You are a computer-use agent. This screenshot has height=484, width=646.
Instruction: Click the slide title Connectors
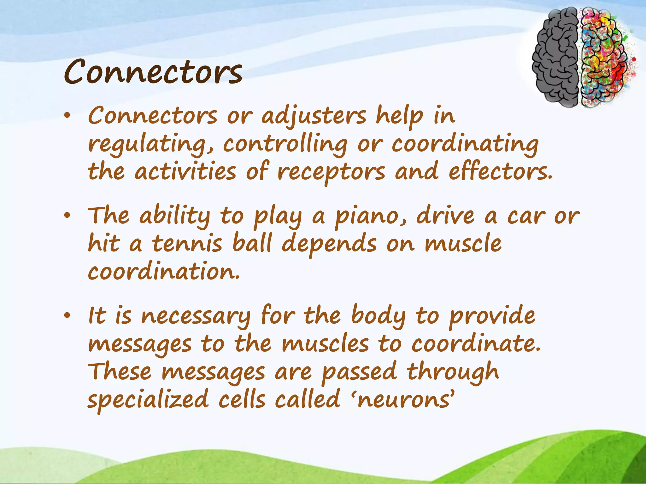[153, 72]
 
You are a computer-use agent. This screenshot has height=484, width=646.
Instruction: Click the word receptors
[331, 173]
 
